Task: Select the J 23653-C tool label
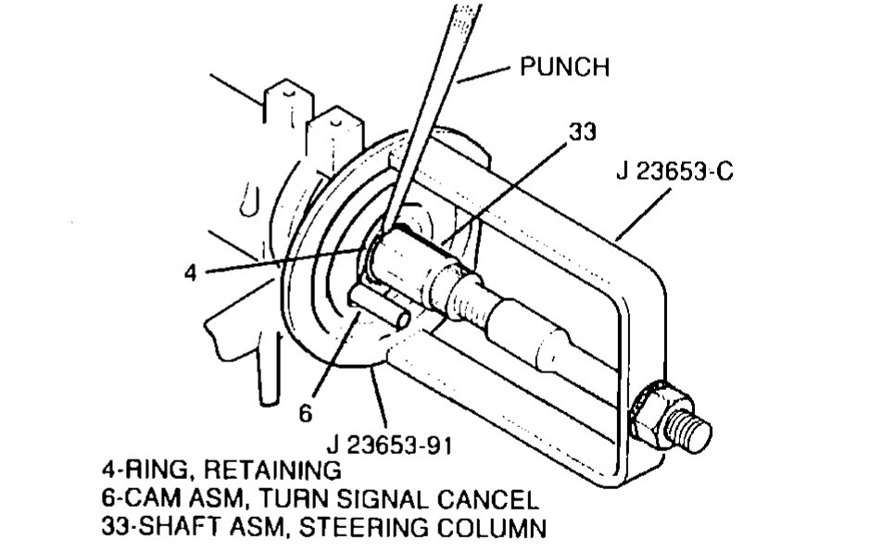(674, 172)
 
